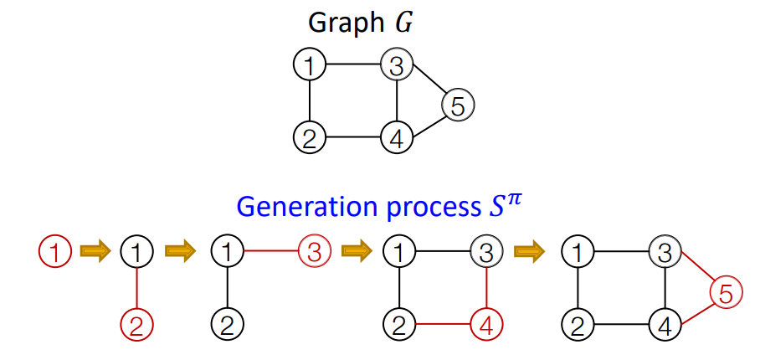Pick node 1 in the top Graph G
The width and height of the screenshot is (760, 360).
point(310,64)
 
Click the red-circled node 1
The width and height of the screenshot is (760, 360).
point(55,250)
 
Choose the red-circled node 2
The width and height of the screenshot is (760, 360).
point(137,322)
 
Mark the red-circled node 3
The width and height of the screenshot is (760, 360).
point(315,250)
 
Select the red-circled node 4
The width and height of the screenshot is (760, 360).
point(486,322)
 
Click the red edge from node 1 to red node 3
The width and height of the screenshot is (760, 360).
point(269,250)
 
